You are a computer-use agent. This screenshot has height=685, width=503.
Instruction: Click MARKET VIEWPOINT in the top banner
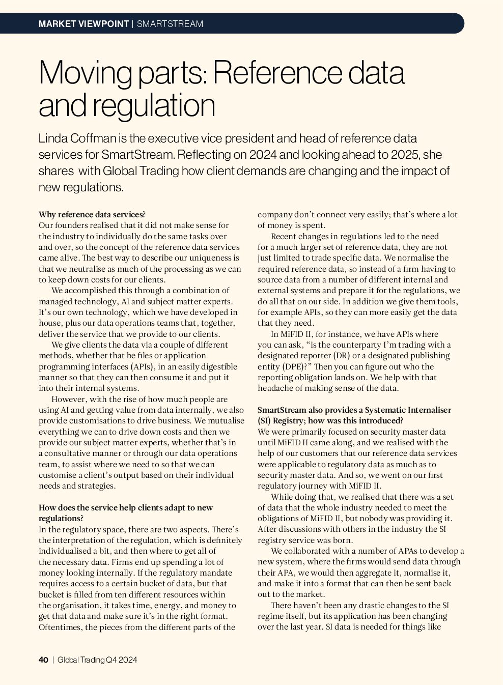point(83,24)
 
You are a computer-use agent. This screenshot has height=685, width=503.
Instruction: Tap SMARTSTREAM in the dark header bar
point(170,24)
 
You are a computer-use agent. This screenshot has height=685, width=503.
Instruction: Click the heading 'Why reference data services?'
point(92,214)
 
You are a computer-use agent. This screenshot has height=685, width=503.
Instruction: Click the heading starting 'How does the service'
point(126,507)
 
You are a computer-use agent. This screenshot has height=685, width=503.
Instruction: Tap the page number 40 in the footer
point(43,660)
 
